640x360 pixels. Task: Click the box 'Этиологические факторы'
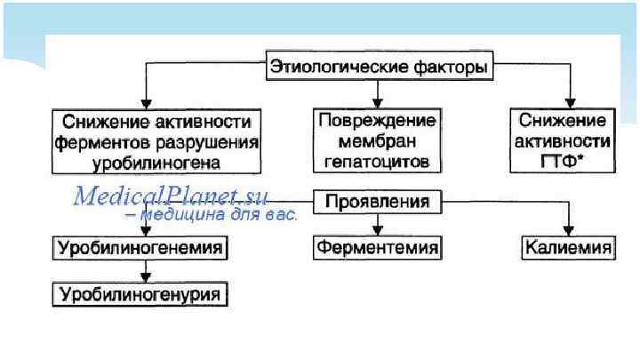[x=381, y=67]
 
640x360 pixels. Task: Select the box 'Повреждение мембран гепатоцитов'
[x=377, y=140]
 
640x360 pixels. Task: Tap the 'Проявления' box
[x=377, y=203]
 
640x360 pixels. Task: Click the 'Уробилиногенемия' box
[x=139, y=247]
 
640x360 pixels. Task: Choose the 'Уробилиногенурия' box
[x=140, y=292]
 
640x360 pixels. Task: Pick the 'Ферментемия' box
[x=377, y=247]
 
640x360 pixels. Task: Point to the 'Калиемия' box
[x=568, y=247]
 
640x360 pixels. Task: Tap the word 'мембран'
[x=377, y=140]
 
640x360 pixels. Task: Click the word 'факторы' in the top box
[x=455, y=67]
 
